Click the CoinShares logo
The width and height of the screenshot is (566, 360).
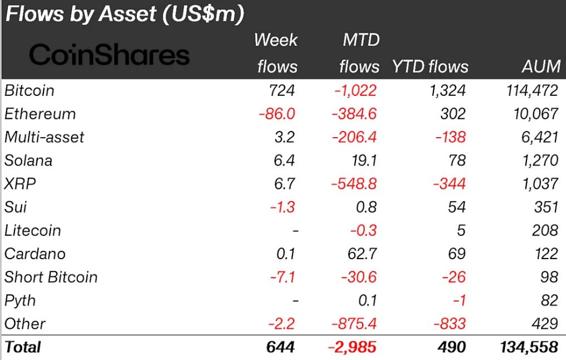pos(109,55)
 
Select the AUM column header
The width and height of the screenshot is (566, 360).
pos(540,67)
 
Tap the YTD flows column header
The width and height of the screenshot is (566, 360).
pos(430,67)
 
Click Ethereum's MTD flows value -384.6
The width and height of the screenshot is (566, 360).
pos(354,114)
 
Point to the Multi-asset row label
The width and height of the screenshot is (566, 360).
pos(44,137)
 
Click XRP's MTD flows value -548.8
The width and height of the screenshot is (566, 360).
pos(354,184)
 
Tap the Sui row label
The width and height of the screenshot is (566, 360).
pos(15,207)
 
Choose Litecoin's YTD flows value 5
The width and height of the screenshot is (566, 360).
pos(460,231)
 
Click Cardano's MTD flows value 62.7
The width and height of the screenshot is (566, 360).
pos(361,254)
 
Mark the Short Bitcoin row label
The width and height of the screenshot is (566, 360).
pos(51,278)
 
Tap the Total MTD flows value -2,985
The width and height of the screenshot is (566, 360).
pos(352,347)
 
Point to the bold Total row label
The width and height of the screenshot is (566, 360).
pos(23,347)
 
